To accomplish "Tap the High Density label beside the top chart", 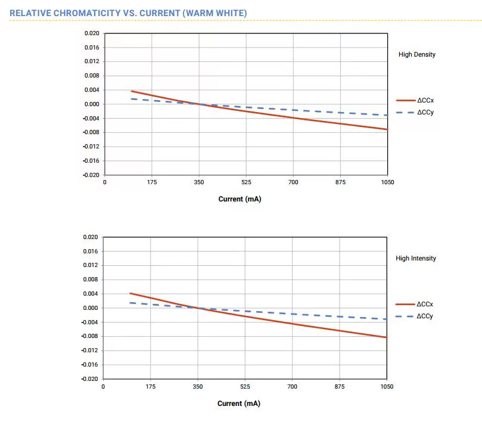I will [416, 54].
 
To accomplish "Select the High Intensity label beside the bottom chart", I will [416, 258].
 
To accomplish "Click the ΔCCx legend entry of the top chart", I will [425, 100].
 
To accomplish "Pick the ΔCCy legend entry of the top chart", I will [425, 112].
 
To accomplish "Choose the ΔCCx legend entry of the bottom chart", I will [425, 304].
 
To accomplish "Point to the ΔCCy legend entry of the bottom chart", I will [425, 316].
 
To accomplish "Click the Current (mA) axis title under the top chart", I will [240, 199].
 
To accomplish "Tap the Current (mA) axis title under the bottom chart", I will [238, 404].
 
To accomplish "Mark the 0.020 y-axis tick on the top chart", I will [92, 33].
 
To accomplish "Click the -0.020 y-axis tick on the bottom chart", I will [89, 379].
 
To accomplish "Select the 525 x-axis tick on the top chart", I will [246, 182].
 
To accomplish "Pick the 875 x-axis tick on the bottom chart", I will [340, 387].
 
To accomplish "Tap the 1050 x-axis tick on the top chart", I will [387, 182].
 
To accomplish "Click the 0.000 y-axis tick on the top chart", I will [92, 104].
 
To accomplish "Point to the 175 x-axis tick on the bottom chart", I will [150, 387].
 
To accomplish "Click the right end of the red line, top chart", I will [387, 129].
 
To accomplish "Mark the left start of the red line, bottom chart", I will [130, 293].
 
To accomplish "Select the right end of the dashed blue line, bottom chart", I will [387, 319].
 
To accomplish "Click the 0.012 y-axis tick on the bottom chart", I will [91, 265].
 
